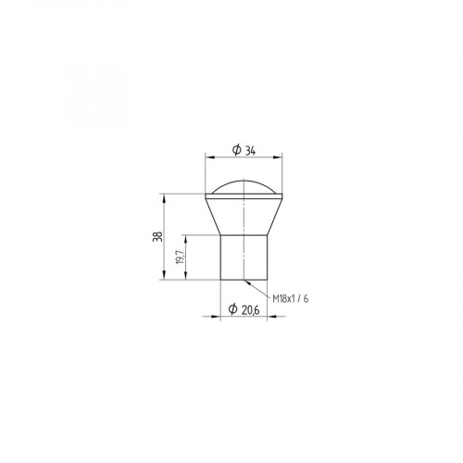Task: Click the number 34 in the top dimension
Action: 250,151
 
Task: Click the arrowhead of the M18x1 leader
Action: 248,278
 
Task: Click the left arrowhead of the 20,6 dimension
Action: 224,317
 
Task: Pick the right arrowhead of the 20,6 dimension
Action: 265,317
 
